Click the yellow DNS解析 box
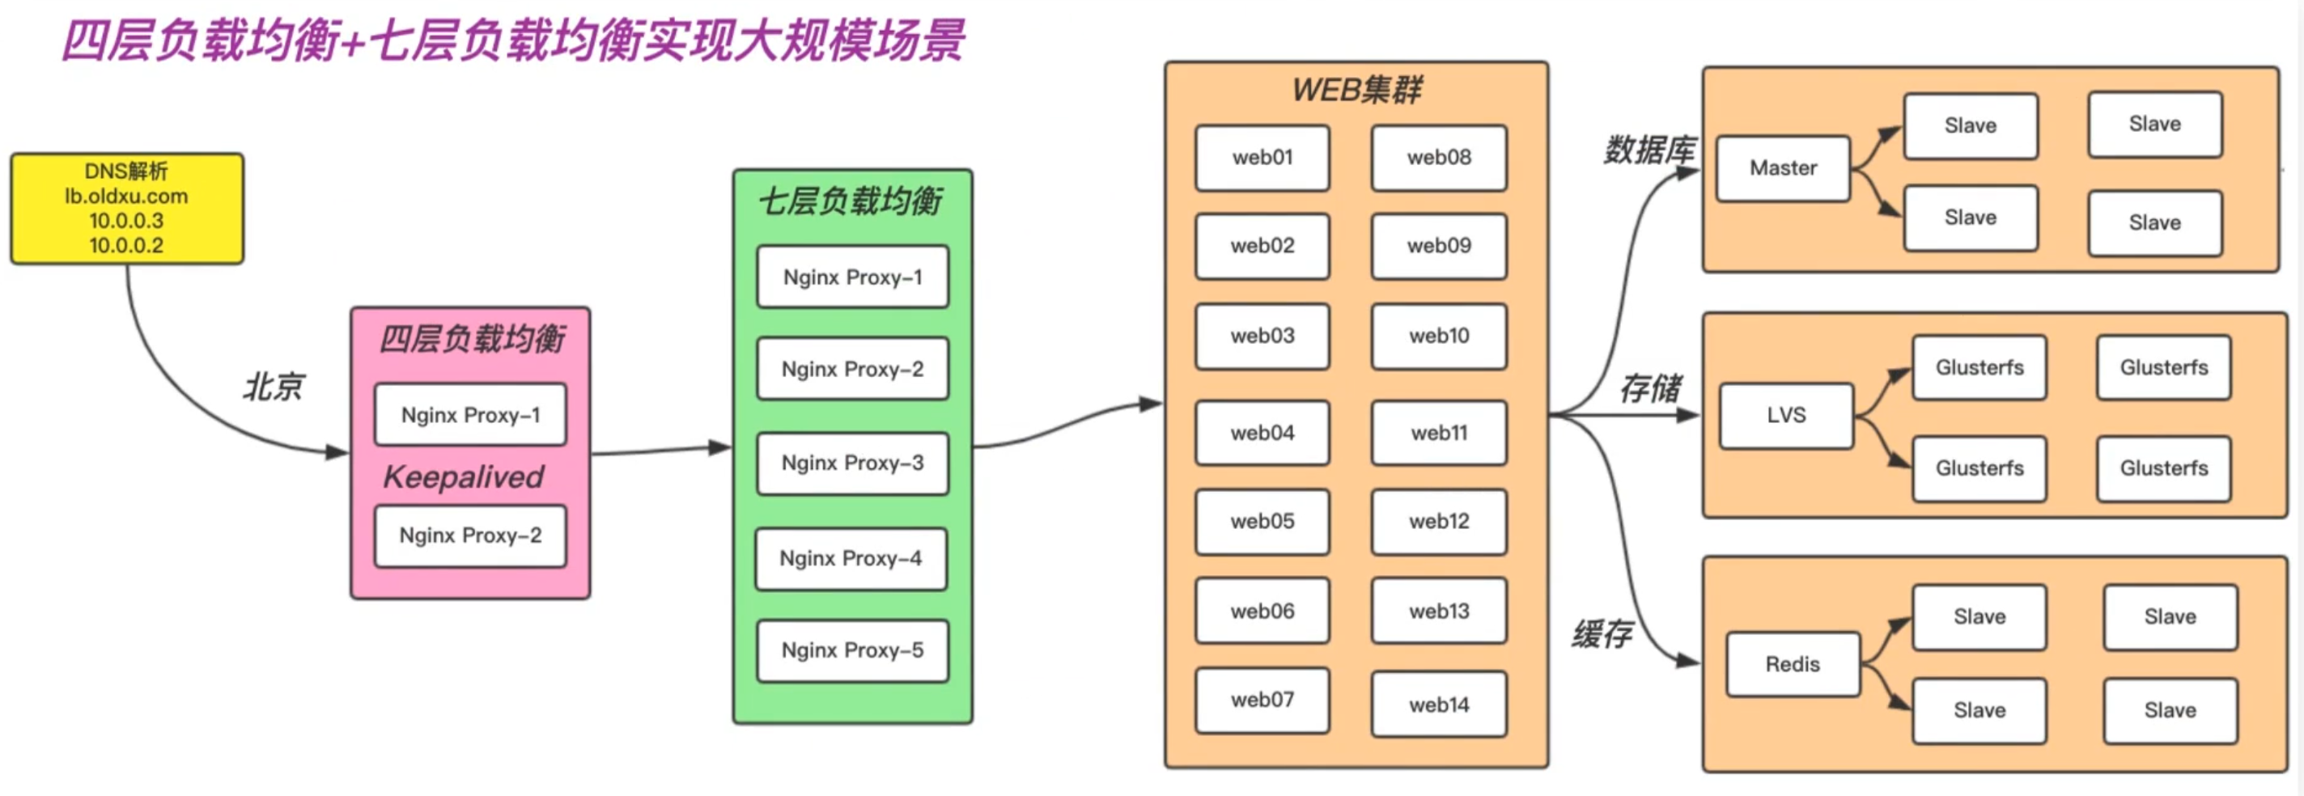click(126, 209)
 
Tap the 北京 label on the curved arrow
click(273, 387)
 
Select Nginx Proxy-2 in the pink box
click(470, 536)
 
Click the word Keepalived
click(463, 476)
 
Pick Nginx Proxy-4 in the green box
click(851, 559)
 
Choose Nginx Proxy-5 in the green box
click(852, 651)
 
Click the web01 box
click(1262, 158)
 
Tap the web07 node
click(1262, 701)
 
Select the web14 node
click(1438, 705)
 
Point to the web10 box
click(1438, 337)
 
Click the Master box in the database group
click(1783, 168)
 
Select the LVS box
click(1786, 415)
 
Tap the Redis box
click(1793, 664)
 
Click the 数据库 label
click(1648, 150)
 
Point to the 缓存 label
click(1602, 634)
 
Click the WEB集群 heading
click(1356, 90)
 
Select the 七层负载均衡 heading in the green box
click(851, 201)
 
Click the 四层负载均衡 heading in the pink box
click(471, 339)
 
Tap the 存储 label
click(1650, 388)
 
